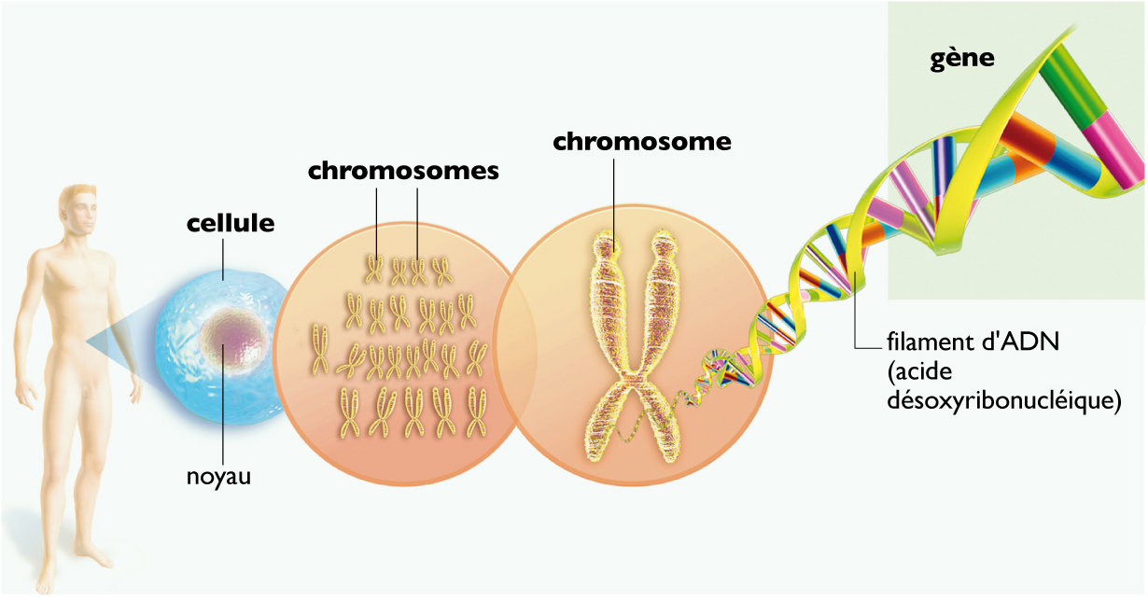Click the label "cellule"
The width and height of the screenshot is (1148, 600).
click(x=231, y=224)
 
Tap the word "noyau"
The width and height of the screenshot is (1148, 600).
click(x=219, y=477)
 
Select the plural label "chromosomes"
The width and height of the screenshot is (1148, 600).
click(x=403, y=172)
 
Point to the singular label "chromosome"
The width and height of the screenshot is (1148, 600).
click(x=642, y=142)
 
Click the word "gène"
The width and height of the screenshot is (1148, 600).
click(x=962, y=59)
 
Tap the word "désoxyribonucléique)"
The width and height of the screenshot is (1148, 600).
click(x=1003, y=403)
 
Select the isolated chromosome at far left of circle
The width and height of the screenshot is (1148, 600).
click(x=319, y=347)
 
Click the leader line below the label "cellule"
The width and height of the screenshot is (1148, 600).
click(x=224, y=256)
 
